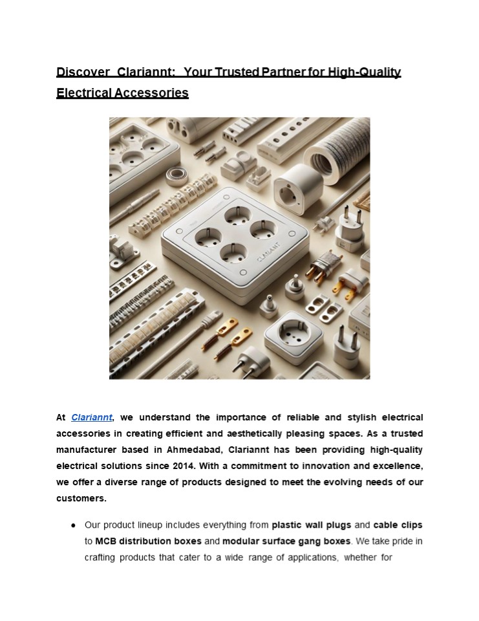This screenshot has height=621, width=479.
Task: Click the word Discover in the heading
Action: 80,72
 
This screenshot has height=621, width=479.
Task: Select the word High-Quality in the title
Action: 365,72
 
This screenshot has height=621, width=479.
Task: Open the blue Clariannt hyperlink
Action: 92,418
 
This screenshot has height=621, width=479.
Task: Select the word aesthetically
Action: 290,433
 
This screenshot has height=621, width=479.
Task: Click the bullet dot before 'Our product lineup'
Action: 75,525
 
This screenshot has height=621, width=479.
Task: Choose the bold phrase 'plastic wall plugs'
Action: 312,525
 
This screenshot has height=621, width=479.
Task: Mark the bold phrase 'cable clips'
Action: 398,525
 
